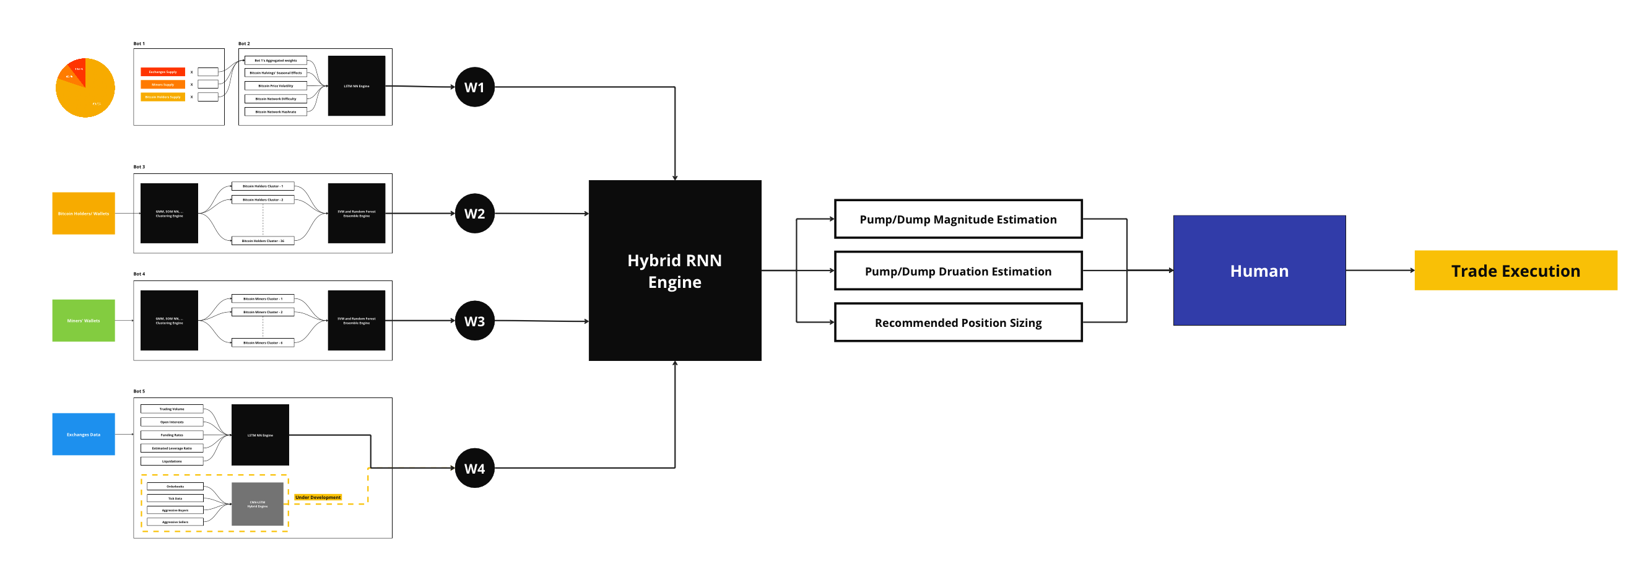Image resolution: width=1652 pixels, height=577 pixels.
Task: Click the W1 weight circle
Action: (x=474, y=87)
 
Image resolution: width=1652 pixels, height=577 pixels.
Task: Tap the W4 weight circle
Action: (x=474, y=468)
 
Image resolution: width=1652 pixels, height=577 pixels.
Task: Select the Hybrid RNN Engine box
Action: (x=675, y=271)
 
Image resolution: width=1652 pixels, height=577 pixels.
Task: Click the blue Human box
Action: (x=1259, y=271)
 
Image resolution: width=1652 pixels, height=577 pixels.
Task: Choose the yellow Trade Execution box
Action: (x=1515, y=271)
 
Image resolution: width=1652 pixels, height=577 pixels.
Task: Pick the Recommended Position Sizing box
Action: (x=958, y=323)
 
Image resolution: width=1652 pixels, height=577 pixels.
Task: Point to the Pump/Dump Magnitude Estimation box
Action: (x=958, y=219)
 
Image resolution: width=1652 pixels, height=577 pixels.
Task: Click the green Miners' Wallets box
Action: (x=84, y=321)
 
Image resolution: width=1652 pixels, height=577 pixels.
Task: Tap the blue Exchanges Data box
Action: (x=84, y=434)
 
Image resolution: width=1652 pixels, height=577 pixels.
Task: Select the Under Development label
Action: (x=318, y=498)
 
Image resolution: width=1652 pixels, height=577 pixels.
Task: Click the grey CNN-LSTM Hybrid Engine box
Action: (x=257, y=504)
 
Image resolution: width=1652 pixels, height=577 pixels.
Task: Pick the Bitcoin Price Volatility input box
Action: (x=276, y=86)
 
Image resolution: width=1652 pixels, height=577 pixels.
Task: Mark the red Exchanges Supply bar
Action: (x=163, y=72)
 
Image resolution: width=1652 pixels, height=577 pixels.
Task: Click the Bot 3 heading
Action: (x=139, y=167)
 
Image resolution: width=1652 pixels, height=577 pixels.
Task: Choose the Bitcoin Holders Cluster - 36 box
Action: (x=263, y=241)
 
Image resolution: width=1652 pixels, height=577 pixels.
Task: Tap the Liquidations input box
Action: (x=172, y=461)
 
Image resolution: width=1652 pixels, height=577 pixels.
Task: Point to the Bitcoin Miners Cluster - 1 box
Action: (x=263, y=299)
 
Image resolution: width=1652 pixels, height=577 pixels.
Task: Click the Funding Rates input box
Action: (x=172, y=435)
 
